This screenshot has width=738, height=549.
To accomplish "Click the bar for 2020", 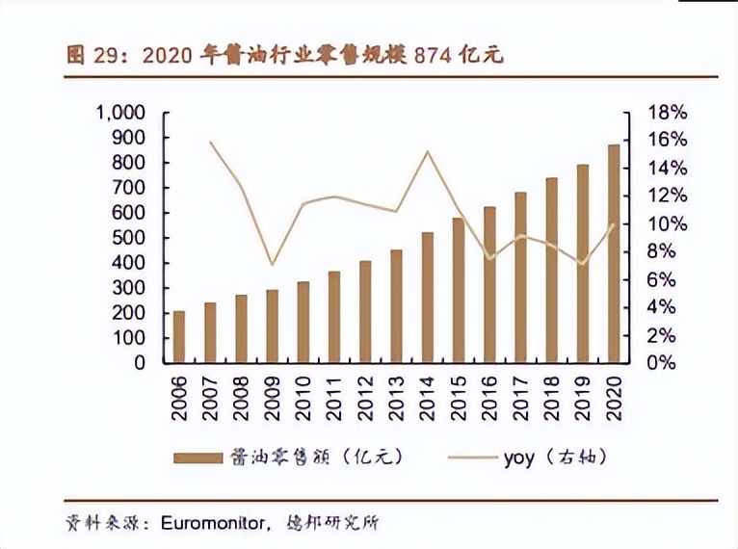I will [613, 254].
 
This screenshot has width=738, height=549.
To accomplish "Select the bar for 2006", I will [179, 337].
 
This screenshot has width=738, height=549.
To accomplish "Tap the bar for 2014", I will [427, 298].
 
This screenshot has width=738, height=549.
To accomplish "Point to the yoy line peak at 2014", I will [427, 151].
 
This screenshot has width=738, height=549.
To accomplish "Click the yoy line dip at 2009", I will [273, 264].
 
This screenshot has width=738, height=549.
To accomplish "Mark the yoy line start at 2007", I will [211, 143].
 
